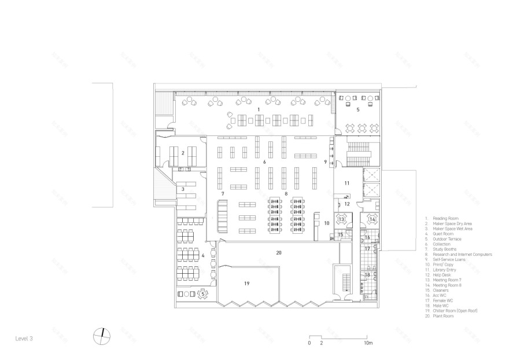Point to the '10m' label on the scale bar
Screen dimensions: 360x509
[x=368, y=343]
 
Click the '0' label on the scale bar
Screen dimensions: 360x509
[x=309, y=343]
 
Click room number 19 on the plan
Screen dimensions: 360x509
[x=246, y=284]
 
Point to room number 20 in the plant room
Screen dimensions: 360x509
[x=278, y=252]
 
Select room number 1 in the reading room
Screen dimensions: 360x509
[x=259, y=109]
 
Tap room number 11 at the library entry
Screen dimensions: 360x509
[x=346, y=183]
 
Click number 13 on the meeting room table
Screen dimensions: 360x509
[x=341, y=219]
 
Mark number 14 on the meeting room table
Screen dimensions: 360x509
[x=372, y=219]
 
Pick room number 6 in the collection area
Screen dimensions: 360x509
[x=264, y=162]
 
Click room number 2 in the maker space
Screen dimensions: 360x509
[x=183, y=153]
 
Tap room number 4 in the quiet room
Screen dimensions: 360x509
[x=202, y=255]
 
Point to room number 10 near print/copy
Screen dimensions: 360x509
[x=326, y=223]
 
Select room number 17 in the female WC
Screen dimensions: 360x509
[x=366, y=248]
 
